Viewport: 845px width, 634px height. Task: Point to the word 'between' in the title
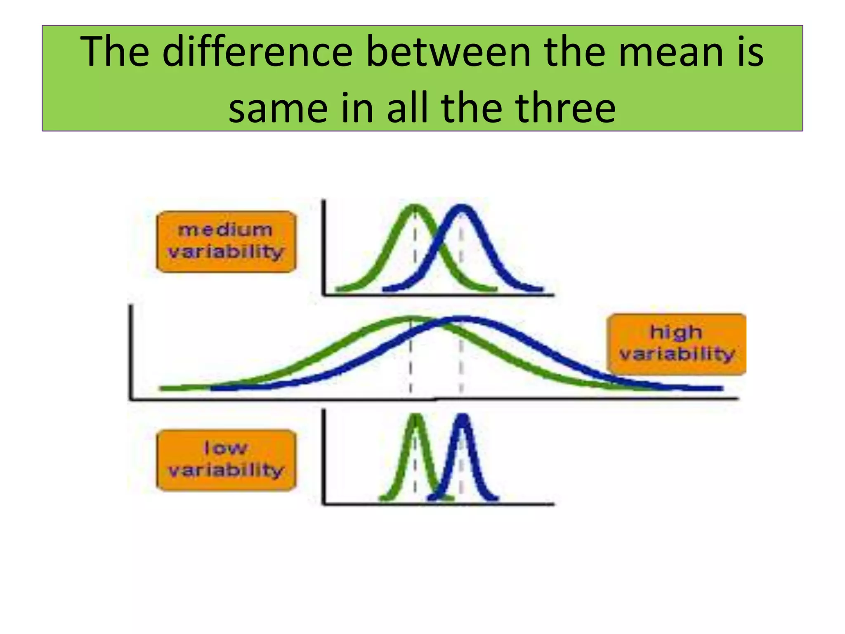pyautogui.click(x=448, y=52)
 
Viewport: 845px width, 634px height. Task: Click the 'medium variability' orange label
pyautogui.click(x=226, y=241)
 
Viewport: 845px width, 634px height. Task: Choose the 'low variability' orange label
pyautogui.click(x=226, y=460)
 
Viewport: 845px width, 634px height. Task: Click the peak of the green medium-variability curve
pyautogui.click(x=415, y=207)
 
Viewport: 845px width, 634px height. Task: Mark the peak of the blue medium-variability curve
pyautogui.click(x=462, y=208)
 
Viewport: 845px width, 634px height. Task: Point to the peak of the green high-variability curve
pyautogui.click(x=411, y=319)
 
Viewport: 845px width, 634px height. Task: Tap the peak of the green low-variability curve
pyautogui.click(x=416, y=417)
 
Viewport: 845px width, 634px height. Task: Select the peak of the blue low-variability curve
pyautogui.click(x=463, y=417)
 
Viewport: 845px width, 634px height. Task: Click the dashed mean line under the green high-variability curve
pyautogui.click(x=411, y=363)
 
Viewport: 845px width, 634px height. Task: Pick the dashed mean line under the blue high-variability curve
pyautogui.click(x=462, y=363)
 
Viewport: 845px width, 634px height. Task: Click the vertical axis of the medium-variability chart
pyautogui.click(x=324, y=248)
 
